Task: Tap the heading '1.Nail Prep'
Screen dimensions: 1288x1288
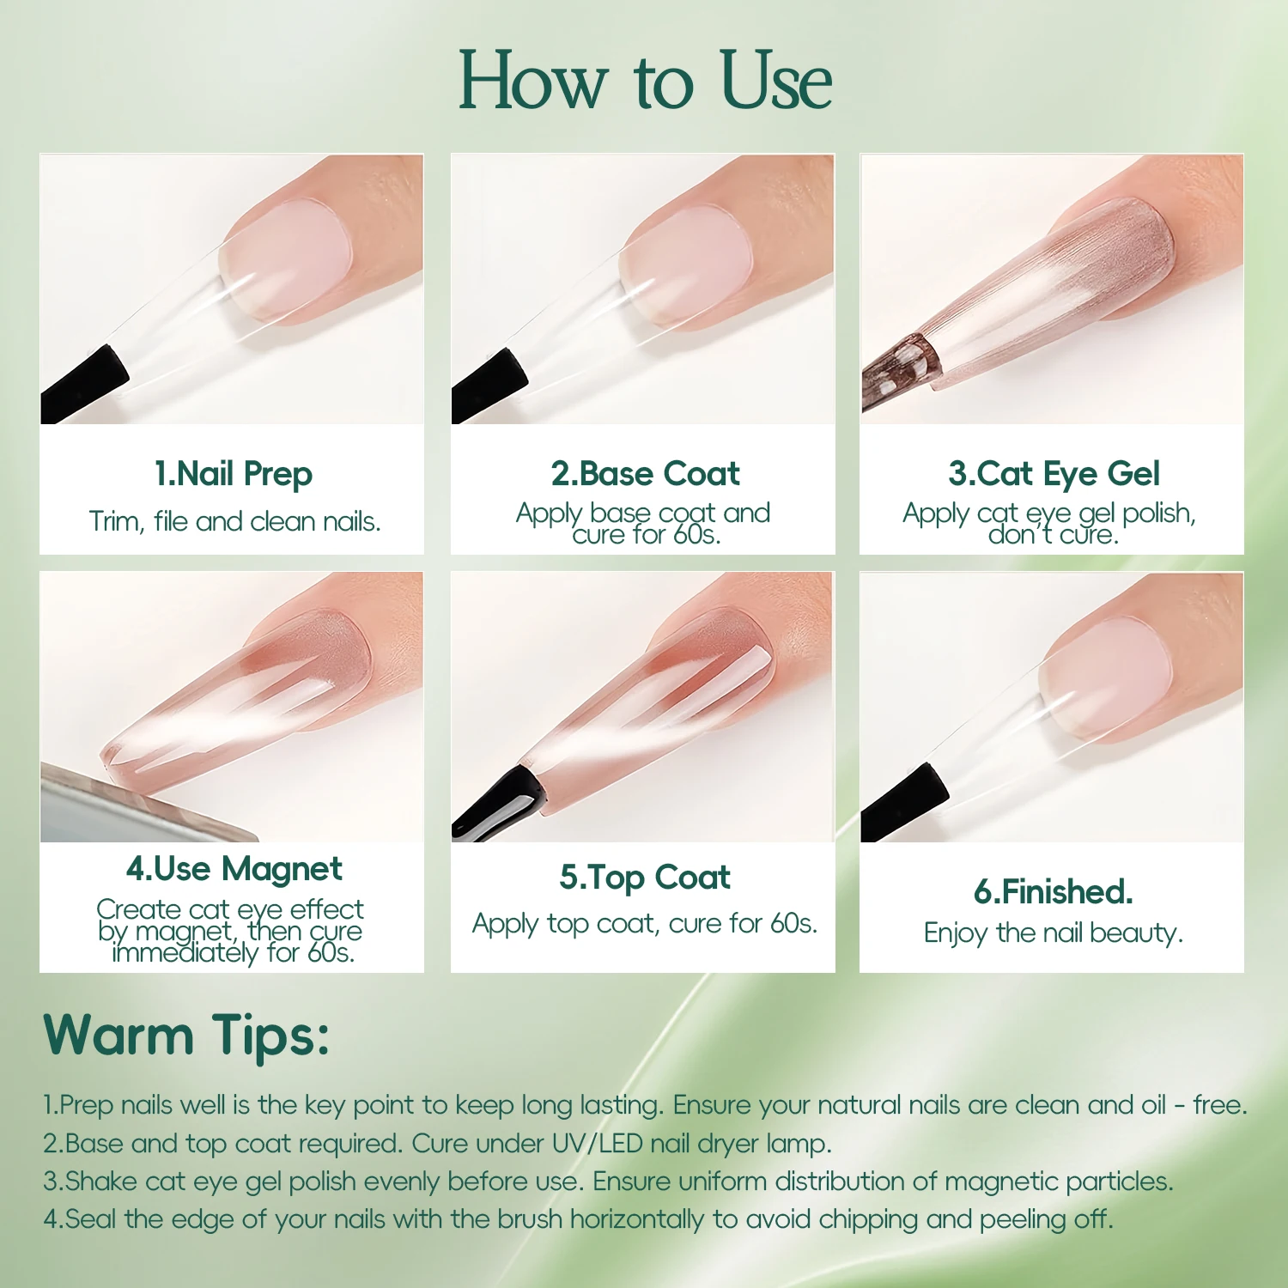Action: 234,474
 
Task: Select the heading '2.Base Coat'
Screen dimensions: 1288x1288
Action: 645,474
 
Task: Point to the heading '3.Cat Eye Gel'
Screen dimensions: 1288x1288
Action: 1054,474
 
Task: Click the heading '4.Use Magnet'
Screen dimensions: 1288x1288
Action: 234,869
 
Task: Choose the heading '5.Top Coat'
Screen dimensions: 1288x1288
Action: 645,878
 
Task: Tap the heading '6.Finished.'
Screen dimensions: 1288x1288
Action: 1054,892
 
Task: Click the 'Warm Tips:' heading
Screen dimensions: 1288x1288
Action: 186,1035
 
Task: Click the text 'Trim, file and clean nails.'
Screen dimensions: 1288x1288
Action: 234,521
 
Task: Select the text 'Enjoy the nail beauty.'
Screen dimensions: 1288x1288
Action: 1054,933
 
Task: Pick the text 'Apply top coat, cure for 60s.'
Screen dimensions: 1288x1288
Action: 645,924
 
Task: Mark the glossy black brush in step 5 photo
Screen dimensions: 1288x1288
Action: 498,803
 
